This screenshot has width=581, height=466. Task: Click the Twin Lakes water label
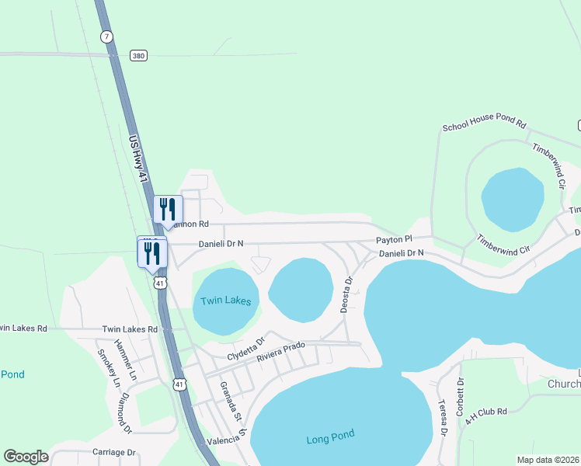pyautogui.click(x=226, y=301)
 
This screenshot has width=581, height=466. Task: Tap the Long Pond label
pyautogui.click(x=330, y=440)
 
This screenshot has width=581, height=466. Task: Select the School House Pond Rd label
pyautogui.click(x=485, y=126)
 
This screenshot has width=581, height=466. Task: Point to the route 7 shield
pyautogui.click(x=106, y=36)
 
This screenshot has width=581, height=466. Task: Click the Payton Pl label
pyautogui.click(x=393, y=240)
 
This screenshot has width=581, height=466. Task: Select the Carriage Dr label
pyautogui.click(x=114, y=452)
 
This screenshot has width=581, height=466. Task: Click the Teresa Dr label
pyautogui.click(x=443, y=417)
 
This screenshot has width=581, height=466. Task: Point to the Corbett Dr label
pyautogui.click(x=461, y=397)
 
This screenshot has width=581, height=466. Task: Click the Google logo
pyautogui.click(x=26, y=457)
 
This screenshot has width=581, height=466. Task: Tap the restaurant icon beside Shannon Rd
pyautogui.click(x=168, y=208)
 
